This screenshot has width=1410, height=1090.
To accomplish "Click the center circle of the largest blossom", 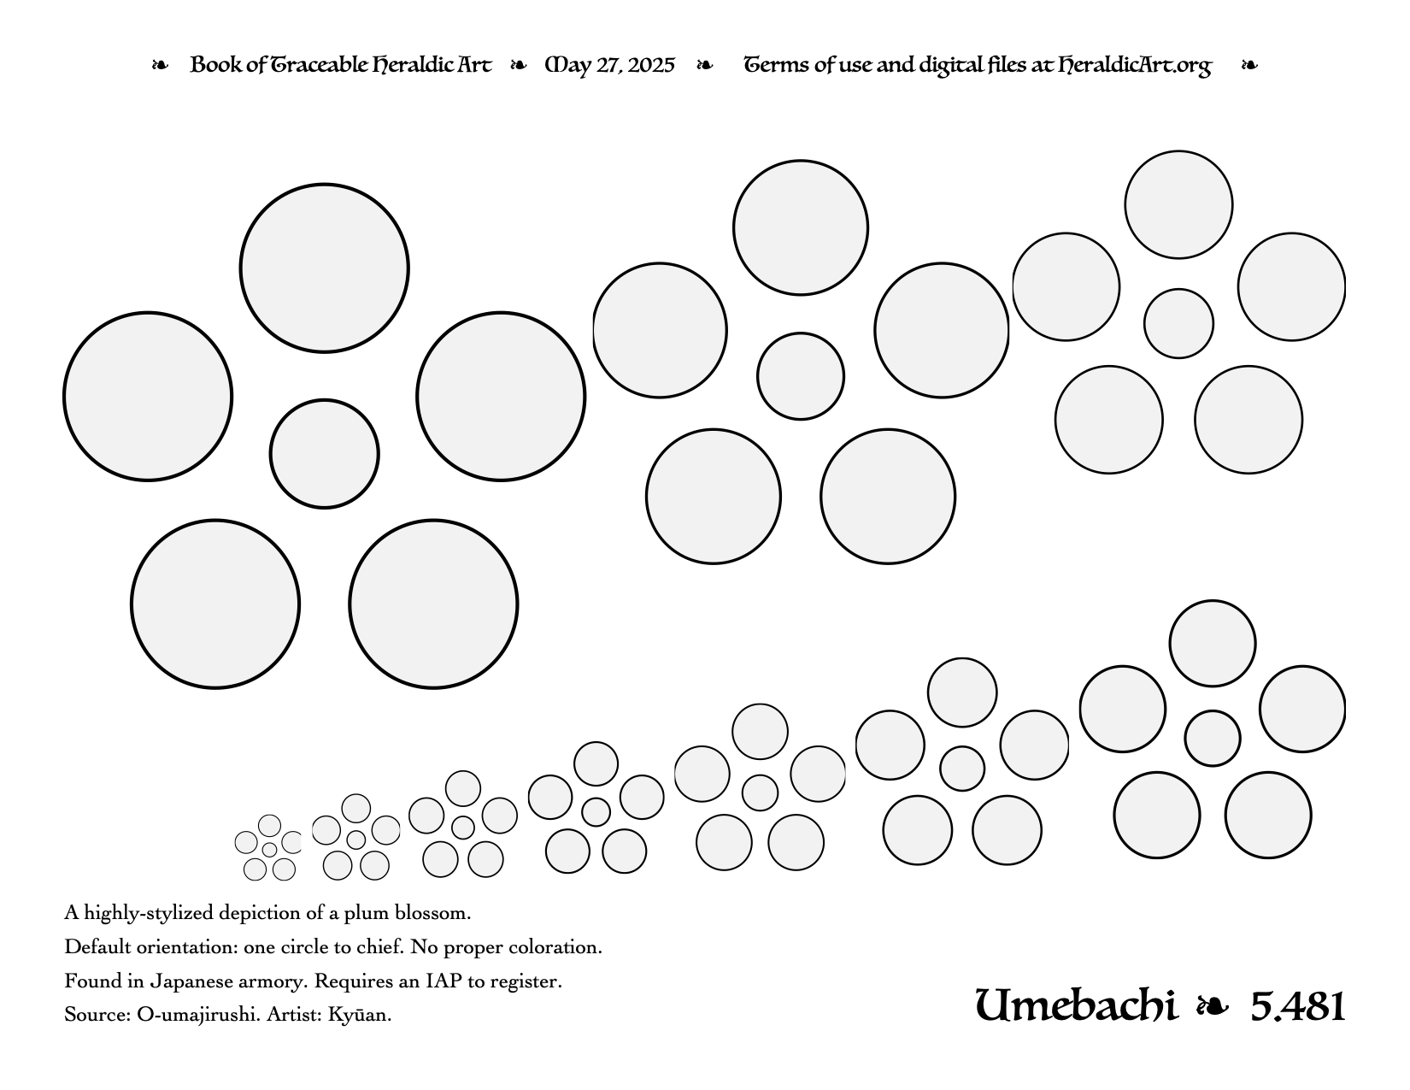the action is click(x=324, y=454).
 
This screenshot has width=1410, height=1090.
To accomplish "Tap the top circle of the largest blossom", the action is click(x=324, y=268).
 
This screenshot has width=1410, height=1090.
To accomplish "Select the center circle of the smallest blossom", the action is click(x=269, y=849).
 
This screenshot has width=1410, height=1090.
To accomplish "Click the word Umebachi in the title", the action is click(x=1076, y=1005).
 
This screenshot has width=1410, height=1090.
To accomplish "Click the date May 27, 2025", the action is click(x=609, y=66).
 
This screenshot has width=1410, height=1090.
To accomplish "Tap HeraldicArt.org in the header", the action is click(x=1134, y=66).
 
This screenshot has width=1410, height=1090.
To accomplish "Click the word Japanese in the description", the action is click(x=191, y=981).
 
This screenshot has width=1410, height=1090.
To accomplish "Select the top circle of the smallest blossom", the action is click(x=269, y=826).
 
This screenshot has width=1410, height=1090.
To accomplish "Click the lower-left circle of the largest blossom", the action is click(x=214, y=604).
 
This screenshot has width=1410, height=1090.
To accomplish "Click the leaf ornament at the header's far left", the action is click(x=160, y=66).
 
